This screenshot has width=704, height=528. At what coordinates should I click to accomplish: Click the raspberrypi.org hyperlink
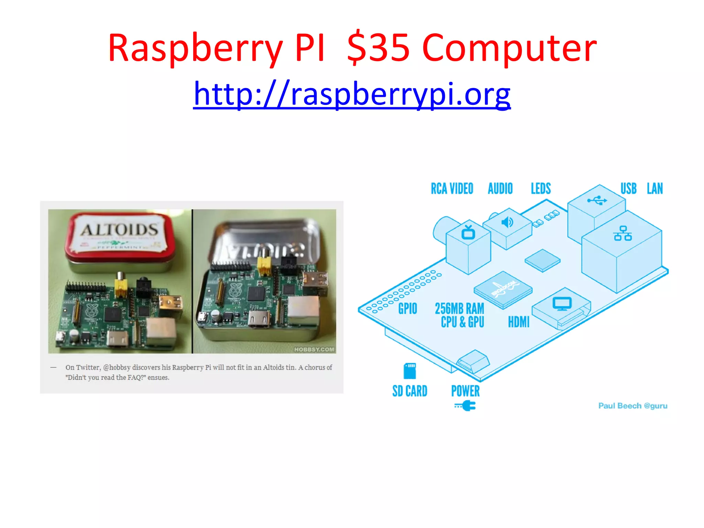pos(352,93)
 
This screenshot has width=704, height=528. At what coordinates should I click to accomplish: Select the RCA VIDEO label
pos(452,189)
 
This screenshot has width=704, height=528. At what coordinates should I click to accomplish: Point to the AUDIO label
pos(500,189)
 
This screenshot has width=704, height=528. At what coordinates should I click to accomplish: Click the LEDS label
pos(541,189)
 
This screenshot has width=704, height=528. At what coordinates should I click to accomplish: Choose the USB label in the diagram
pos(628,189)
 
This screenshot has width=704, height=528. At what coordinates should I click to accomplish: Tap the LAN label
pos(655,189)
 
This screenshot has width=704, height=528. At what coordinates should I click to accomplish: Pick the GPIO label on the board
pos(408,309)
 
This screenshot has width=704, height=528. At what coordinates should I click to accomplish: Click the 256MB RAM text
pos(460,308)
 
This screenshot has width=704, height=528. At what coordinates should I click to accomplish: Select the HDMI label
pos(519,322)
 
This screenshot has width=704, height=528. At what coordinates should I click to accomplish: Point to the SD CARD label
pos(410,391)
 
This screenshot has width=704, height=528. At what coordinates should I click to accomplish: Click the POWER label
pos(465,391)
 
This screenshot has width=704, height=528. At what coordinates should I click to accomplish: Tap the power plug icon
pos(465,406)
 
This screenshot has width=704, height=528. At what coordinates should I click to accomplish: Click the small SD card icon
pos(410,371)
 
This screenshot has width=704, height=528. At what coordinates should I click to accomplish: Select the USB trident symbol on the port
pos(597,200)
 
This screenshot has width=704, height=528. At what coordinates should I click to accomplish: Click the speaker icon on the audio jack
pos(507,222)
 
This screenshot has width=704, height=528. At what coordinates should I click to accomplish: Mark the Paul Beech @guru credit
pos(632,406)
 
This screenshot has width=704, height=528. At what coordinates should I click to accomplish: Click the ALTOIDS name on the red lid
pos(119,229)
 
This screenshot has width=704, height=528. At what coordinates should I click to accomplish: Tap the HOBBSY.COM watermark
pos(314,349)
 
